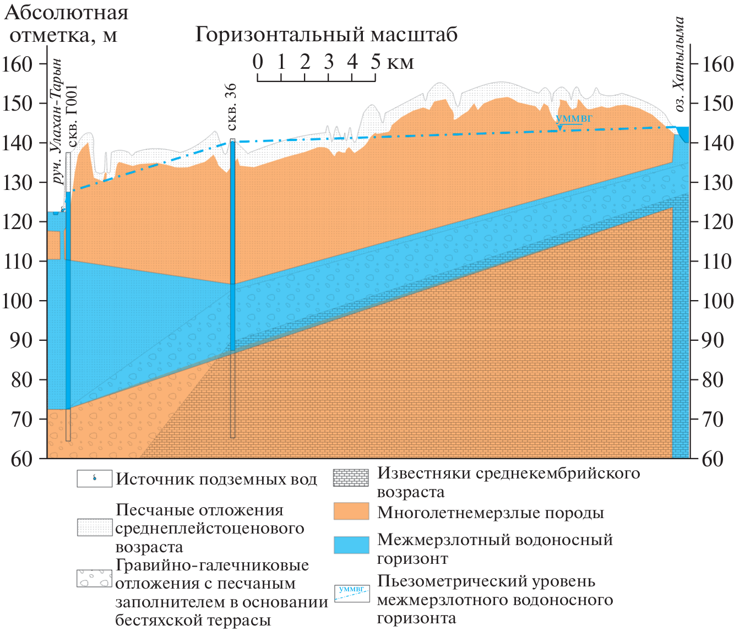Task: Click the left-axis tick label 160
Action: pyautogui.click(x=18, y=64)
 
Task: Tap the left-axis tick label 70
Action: pyautogui.click(x=22, y=420)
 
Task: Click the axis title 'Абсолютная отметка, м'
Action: pyautogui.click(x=66, y=24)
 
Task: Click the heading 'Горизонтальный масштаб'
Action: pyautogui.click(x=327, y=34)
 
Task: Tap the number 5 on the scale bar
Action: pyautogui.click(x=376, y=62)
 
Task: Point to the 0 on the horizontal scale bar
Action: pyautogui.click(x=258, y=62)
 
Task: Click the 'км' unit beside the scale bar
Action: pyautogui.click(x=400, y=63)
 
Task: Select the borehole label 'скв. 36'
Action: pyautogui.click(x=231, y=107)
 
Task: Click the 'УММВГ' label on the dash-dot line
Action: pyautogui.click(x=574, y=118)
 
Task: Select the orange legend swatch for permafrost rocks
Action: pyautogui.click(x=351, y=512)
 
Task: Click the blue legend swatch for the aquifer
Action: pyautogui.click(x=351, y=545)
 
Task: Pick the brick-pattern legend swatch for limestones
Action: pyautogui.click(x=351, y=477)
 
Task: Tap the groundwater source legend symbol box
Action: pyautogui.click(x=95, y=478)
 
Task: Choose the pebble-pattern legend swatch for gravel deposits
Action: pyautogui.click(x=95, y=579)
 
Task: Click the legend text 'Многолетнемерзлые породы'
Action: pyautogui.click(x=491, y=513)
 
